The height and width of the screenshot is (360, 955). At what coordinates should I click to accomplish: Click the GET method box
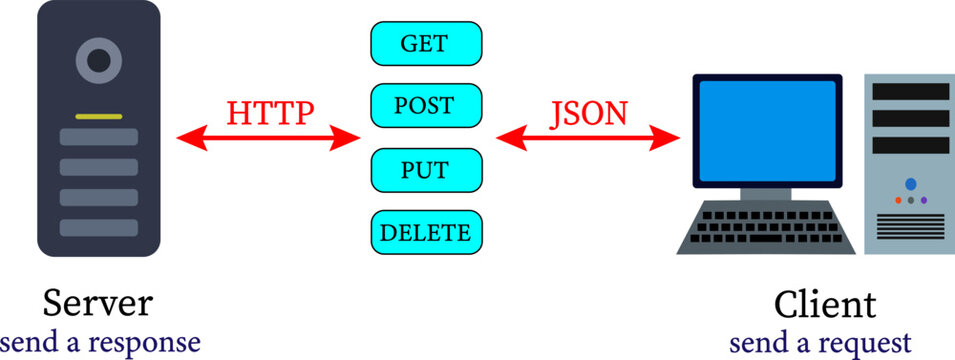[x=426, y=43]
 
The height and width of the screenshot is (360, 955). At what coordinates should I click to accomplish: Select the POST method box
[x=426, y=105]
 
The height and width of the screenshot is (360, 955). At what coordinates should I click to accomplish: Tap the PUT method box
[x=426, y=169]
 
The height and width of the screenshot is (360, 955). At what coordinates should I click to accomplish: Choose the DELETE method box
[x=426, y=233]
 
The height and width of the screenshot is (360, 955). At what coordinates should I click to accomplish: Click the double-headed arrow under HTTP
[x=268, y=140]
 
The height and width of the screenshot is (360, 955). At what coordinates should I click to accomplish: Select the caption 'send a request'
[x=820, y=342]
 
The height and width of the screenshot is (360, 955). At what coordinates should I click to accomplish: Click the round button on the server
[x=98, y=61]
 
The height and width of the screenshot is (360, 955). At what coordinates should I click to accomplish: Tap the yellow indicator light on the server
[x=98, y=117]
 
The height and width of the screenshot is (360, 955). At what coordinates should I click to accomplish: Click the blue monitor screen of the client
[x=767, y=128]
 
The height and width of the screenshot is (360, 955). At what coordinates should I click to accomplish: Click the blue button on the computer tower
[x=910, y=185]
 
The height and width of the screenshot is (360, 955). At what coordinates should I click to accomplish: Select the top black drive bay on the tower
[x=910, y=92]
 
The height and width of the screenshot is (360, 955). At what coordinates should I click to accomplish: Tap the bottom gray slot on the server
[x=98, y=227]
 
